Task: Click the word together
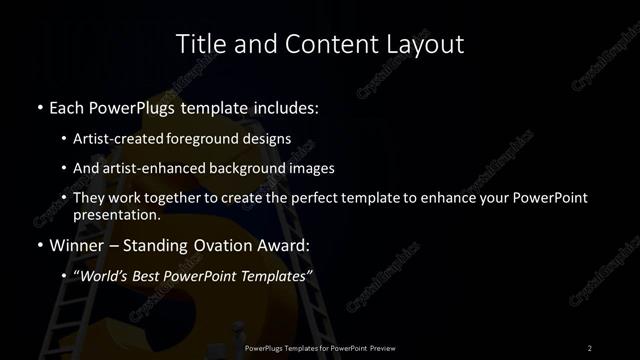(176, 198)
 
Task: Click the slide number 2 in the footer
(590, 347)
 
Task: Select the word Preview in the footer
(377, 347)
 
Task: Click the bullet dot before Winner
(39, 245)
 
